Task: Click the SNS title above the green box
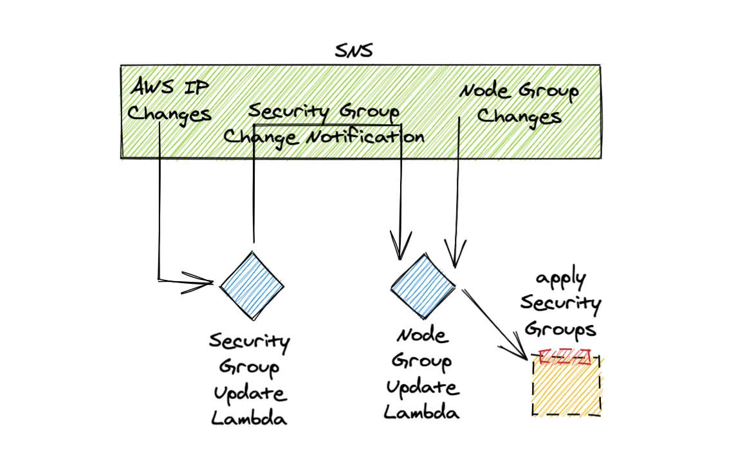click(x=354, y=51)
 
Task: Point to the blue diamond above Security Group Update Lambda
click(x=251, y=284)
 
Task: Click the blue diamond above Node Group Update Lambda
click(x=423, y=285)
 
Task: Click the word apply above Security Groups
click(x=561, y=280)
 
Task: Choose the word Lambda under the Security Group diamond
click(x=249, y=419)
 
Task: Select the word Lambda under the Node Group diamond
click(x=422, y=412)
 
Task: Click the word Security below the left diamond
click(x=249, y=342)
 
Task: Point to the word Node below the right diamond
click(x=421, y=335)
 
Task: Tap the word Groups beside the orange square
click(x=559, y=329)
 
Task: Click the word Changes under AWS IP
click(x=170, y=114)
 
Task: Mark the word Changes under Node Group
click(x=519, y=117)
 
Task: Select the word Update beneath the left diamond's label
click(x=250, y=393)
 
